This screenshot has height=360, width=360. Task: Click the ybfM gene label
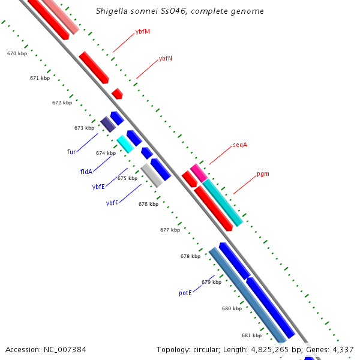pyautogui.click(x=143, y=31)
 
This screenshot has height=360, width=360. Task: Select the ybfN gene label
pyautogui.click(x=166, y=59)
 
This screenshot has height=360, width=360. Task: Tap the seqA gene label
pyautogui.click(x=240, y=145)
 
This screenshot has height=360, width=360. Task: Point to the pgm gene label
pyautogui.click(x=263, y=174)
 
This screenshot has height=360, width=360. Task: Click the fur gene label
pyautogui.click(x=71, y=152)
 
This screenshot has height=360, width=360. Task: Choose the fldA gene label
pyautogui.click(x=86, y=172)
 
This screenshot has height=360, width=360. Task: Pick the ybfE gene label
pyautogui.click(x=98, y=187)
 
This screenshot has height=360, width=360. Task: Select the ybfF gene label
pyautogui.click(x=112, y=203)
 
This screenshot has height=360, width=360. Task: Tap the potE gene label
pyautogui.click(x=185, y=293)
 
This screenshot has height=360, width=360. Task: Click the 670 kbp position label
pyautogui.click(x=17, y=53)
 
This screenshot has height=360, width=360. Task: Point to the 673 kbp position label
pyautogui.click(x=84, y=128)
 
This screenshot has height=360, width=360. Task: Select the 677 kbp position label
pyautogui.click(x=170, y=230)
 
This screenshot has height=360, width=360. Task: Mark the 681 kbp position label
pyautogui.click(x=251, y=335)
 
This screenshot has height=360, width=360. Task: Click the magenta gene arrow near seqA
pyautogui.click(x=199, y=172)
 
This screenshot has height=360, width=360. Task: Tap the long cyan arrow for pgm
pyautogui.click(x=223, y=203)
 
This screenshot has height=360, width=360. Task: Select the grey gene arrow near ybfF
pyautogui.click(x=152, y=175)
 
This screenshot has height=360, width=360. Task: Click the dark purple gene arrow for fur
pyautogui.click(x=108, y=124)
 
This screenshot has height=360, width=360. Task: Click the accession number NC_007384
pyautogui.click(x=62, y=349)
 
